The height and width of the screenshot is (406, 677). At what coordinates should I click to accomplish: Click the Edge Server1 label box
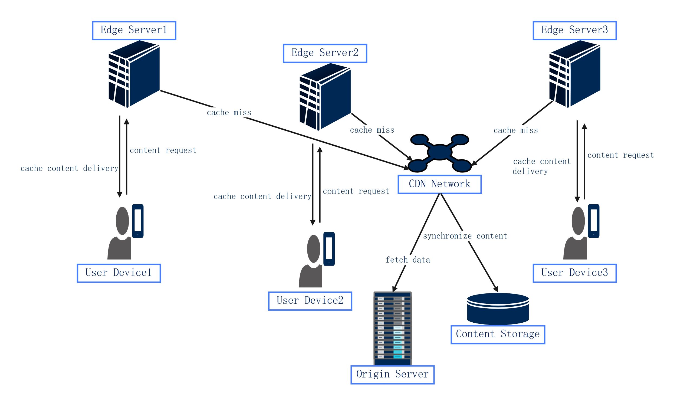point(134,30)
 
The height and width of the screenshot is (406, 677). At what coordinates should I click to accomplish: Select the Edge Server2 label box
point(325,53)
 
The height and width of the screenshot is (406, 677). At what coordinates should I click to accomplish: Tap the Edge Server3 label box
point(574,30)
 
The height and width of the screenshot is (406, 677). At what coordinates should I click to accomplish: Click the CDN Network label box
point(439,184)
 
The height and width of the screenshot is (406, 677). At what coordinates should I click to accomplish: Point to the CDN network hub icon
point(439,152)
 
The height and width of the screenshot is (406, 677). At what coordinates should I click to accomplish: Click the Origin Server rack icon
point(392,328)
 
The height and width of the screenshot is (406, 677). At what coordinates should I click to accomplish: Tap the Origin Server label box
point(392,375)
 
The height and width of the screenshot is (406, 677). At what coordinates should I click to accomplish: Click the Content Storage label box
point(498,334)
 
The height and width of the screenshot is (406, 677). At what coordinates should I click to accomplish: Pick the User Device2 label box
point(310,301)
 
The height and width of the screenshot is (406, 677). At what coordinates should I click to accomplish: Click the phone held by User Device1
point(138,221)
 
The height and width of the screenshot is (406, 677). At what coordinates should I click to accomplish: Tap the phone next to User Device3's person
point(594,221)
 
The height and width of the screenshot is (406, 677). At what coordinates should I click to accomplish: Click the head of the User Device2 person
point(313,249)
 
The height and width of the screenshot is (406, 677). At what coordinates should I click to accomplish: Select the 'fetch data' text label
point(408,260)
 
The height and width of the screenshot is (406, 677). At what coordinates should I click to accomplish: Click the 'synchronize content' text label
point(465,236)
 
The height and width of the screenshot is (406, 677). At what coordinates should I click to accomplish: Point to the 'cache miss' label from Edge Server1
point(229,113)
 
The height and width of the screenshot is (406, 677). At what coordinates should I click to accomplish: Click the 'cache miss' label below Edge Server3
point(515,130)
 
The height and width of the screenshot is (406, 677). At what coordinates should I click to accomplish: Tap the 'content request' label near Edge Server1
point(163,150)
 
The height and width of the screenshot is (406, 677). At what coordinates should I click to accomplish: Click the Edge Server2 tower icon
point(325,97)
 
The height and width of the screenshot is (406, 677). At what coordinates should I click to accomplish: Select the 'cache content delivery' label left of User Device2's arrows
point(262,197)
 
